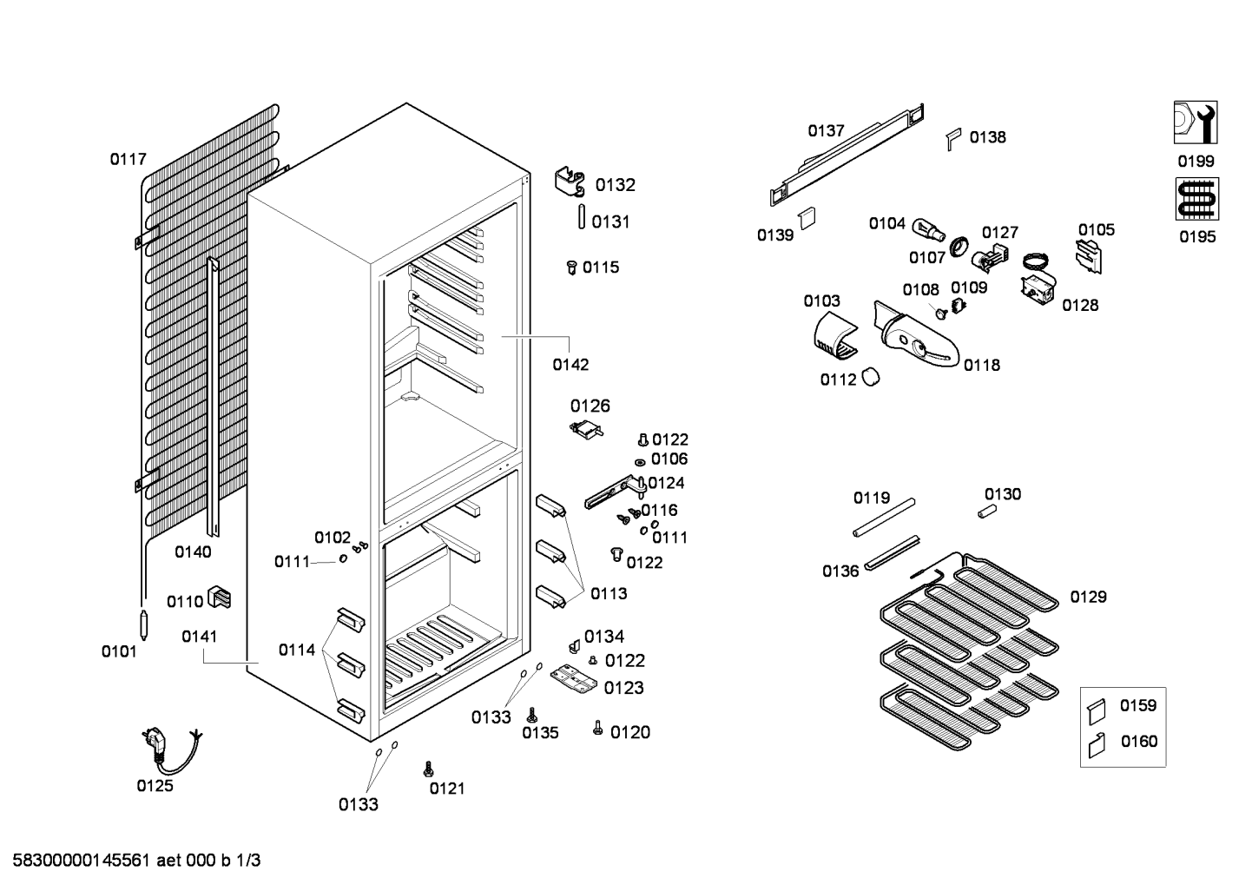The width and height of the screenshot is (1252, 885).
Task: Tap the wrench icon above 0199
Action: (1196, 122)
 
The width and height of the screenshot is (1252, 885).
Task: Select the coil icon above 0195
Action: (1196, 199)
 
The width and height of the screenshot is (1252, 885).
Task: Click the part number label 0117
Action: (128, 159)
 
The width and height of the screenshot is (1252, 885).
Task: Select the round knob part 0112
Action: (871, 377)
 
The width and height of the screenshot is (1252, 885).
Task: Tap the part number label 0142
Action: (570, 365)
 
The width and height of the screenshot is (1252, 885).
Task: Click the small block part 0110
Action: (221, 598)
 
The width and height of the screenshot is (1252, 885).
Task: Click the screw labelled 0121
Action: (427, 769)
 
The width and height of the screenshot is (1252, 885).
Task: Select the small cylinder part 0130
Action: (985, 512)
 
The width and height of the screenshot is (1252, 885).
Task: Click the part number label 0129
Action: (1088, 597)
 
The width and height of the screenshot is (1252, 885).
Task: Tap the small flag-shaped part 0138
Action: (953, 137)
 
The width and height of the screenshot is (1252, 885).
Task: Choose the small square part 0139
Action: (807, 216)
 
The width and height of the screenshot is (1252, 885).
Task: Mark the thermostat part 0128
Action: (1038, 287)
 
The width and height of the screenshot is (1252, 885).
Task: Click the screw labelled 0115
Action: (571, 267)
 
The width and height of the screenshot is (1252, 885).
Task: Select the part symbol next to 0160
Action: (1097, 744)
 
